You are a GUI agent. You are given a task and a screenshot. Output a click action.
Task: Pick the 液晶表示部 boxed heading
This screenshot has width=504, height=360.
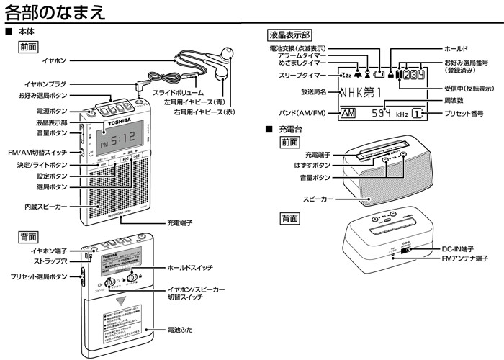[289, 35]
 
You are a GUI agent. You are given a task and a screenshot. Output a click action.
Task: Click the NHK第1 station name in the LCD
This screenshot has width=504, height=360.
[363, 92]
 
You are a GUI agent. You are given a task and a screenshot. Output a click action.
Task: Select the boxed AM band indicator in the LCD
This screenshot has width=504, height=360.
[348, 114]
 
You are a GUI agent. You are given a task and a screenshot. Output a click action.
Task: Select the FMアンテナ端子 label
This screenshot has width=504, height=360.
[464, 258]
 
